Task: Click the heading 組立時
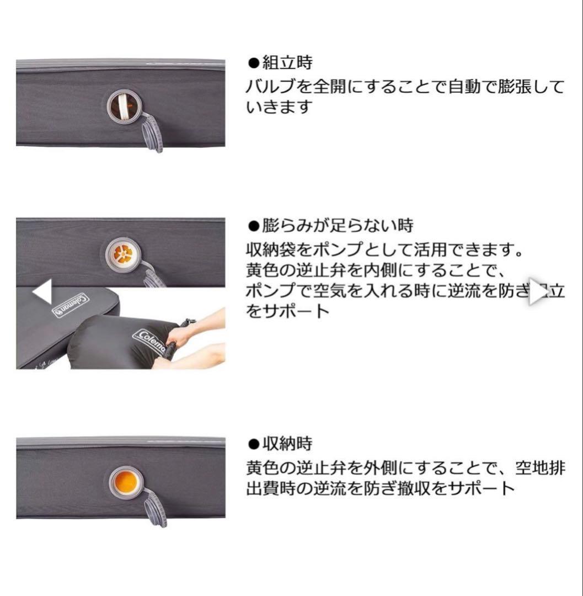coord(287,63)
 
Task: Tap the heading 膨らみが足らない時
coord(337,226)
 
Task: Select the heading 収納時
coord(287,444)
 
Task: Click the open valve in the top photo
coord(124,106)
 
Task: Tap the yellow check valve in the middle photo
coord(124,254)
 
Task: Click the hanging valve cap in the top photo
coord(152,133)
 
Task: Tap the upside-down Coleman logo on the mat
coord(70,305)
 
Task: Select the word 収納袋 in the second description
coord(274,251)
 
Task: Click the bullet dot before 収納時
coord(253,444)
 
